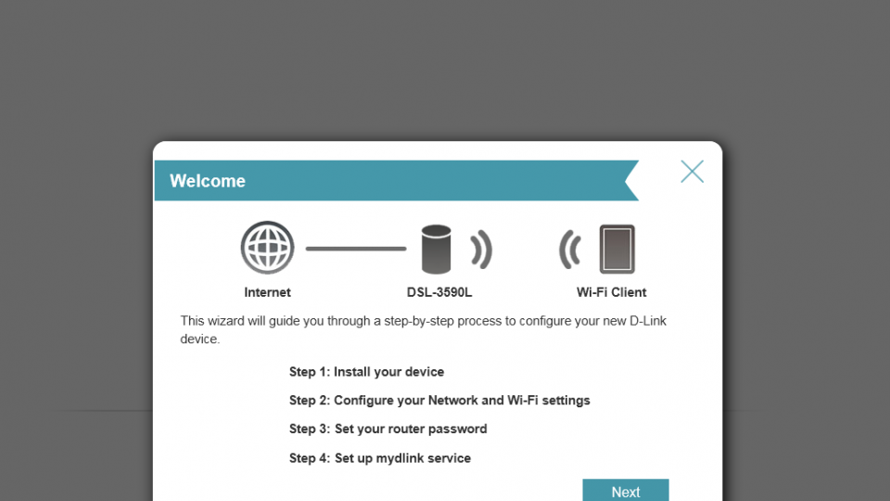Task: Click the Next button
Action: click(x=626, y=490)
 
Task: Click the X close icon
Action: click(x=692, y=171)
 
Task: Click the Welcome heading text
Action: click(x=207, y=181)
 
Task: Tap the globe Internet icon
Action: click(x=267, y=248)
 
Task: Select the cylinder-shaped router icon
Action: click(x=436, y=250)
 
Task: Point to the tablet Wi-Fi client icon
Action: click(x=617, y=249)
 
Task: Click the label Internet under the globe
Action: click(x=267, y=292)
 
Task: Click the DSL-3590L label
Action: click(x=439, y=292)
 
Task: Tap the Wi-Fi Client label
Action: click(x=611, y=292)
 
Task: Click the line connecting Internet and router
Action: click(x=356, y=249)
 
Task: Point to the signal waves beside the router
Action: click(x=481, y=250)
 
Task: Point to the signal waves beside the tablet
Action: click(x=570, y=250)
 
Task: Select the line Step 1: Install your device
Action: click(x=367, y=372)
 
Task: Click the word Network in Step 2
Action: click(x=452, y=401)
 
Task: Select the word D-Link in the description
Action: click(x=648, y=321)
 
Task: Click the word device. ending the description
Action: click(x=200, y=340)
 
